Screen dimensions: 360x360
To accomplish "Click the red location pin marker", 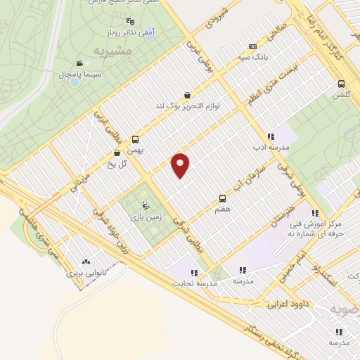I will coord(181,165).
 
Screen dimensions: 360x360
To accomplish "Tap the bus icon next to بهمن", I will coord(135,139).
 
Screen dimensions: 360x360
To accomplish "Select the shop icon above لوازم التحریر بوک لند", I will coord(187,95).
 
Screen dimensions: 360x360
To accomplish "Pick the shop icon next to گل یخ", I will coord(117,153).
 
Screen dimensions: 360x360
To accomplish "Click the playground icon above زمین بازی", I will coord(145,206).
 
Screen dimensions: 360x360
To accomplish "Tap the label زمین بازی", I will coord(145,218).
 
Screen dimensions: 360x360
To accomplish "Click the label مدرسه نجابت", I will coord(191,283).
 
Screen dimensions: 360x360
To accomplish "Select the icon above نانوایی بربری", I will coord(86,261).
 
